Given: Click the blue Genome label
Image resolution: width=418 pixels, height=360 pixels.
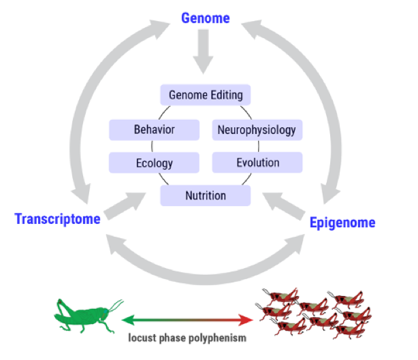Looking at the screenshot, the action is [x=206, y=18].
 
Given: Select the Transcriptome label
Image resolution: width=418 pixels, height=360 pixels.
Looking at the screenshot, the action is [x=57, y=219].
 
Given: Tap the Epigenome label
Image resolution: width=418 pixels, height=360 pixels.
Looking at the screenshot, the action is [x=342, y=223].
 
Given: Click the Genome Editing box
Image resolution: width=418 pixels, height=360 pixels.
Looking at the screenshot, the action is [x=206, y=95].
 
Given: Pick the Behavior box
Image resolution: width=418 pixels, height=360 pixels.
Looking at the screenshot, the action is [x=155, y=130].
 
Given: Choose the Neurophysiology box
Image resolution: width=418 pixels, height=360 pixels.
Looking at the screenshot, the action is [x=257, y=130].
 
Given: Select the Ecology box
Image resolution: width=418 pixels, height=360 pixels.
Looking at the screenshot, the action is [x=154, y=163].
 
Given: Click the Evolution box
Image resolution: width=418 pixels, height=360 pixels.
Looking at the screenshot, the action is [x=257, y=163].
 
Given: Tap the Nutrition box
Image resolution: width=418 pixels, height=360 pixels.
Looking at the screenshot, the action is [x=206, y=195].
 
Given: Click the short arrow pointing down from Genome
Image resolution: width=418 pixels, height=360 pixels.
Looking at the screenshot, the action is [x=203, y=51].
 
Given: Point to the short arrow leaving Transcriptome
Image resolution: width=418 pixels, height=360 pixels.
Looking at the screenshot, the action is [x=125, y=206].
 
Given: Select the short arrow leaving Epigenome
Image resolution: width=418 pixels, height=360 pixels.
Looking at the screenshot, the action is [x=284, y=206].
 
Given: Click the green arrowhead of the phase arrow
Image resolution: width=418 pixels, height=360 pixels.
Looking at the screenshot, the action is [x=128, y=320].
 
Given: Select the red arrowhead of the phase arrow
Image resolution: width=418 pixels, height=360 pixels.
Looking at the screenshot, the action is [x=246, y=320].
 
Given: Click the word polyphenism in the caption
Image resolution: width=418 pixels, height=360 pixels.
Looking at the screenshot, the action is [x=217, y=338].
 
